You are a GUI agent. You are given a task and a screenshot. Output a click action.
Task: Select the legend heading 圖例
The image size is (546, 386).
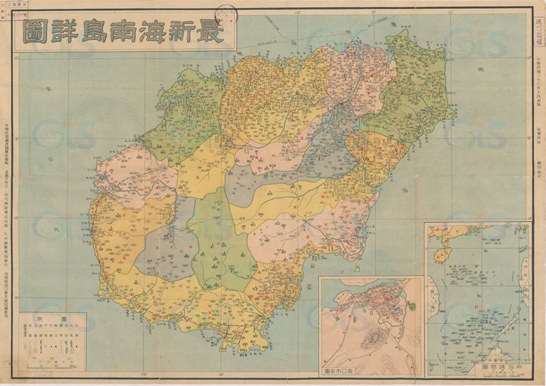53,319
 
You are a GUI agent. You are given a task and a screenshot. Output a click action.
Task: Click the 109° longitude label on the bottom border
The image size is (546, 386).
144,374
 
